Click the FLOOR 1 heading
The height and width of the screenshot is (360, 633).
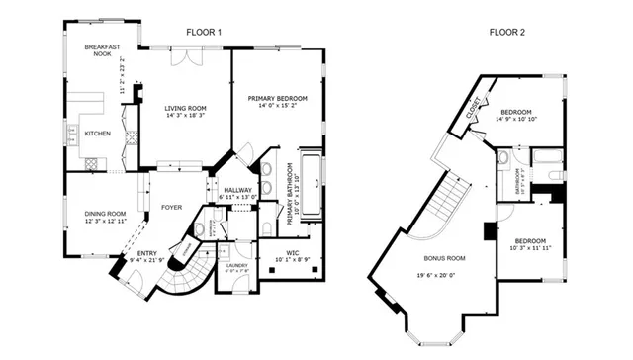204,33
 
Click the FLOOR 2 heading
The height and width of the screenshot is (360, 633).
506,33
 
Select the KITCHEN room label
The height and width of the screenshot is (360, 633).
97,133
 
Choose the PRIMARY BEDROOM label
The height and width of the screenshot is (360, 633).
278,98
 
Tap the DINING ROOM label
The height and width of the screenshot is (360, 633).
104,214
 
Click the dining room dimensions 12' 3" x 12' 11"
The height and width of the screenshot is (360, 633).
104,222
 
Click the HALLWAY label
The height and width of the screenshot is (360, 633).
237,190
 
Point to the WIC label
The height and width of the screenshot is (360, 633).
293,253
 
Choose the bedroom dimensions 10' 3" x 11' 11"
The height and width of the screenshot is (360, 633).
531,249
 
